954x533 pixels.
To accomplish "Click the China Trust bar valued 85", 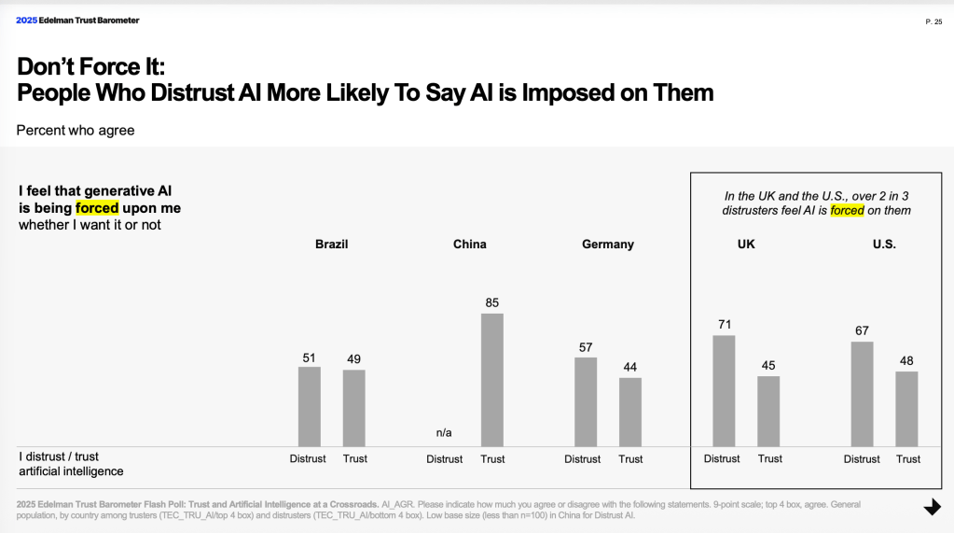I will click(492, 380).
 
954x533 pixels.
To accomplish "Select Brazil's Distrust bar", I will click(309, 406).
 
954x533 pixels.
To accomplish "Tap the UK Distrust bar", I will click(724, 390).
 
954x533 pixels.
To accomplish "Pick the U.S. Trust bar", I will click(906, 409).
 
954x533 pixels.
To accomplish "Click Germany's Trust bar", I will click(630, 412).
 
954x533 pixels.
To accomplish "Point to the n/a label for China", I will click(444, 432).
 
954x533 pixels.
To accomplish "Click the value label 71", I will click(724, 324).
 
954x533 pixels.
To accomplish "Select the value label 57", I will click(586, 347).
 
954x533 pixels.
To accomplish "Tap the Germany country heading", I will click(607, 244).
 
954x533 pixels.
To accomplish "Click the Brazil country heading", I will click(332, 244).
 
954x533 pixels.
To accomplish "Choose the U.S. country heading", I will click(884, 244).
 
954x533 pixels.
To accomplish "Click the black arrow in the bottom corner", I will click(932, 507).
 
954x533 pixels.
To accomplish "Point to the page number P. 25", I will click(933, 21).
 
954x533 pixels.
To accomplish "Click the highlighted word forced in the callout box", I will click(847, 210).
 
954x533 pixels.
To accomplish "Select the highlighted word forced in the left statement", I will click(97, 207).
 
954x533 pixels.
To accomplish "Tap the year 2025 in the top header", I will click(26, 20).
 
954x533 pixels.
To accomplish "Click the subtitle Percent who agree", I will click(76, 130).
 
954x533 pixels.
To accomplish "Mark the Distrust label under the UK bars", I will click(722, 458).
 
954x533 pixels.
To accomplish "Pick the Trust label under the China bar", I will click(492, 458).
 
